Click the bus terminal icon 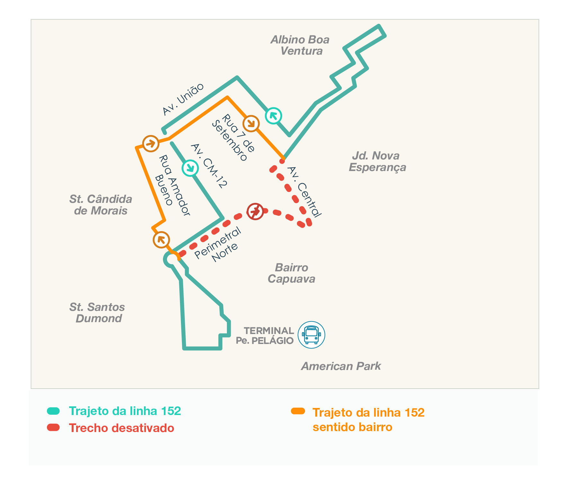311,335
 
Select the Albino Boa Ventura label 300,45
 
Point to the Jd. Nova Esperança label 377,161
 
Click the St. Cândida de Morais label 101,205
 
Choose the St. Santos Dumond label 97,312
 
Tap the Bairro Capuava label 291,273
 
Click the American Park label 341,366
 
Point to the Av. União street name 183,99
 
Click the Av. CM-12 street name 209,166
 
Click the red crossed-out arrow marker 255,211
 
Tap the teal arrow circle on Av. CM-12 190,167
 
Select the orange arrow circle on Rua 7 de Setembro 251,123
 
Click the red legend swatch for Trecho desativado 53,427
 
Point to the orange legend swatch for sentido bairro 298,411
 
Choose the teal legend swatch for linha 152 53,411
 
